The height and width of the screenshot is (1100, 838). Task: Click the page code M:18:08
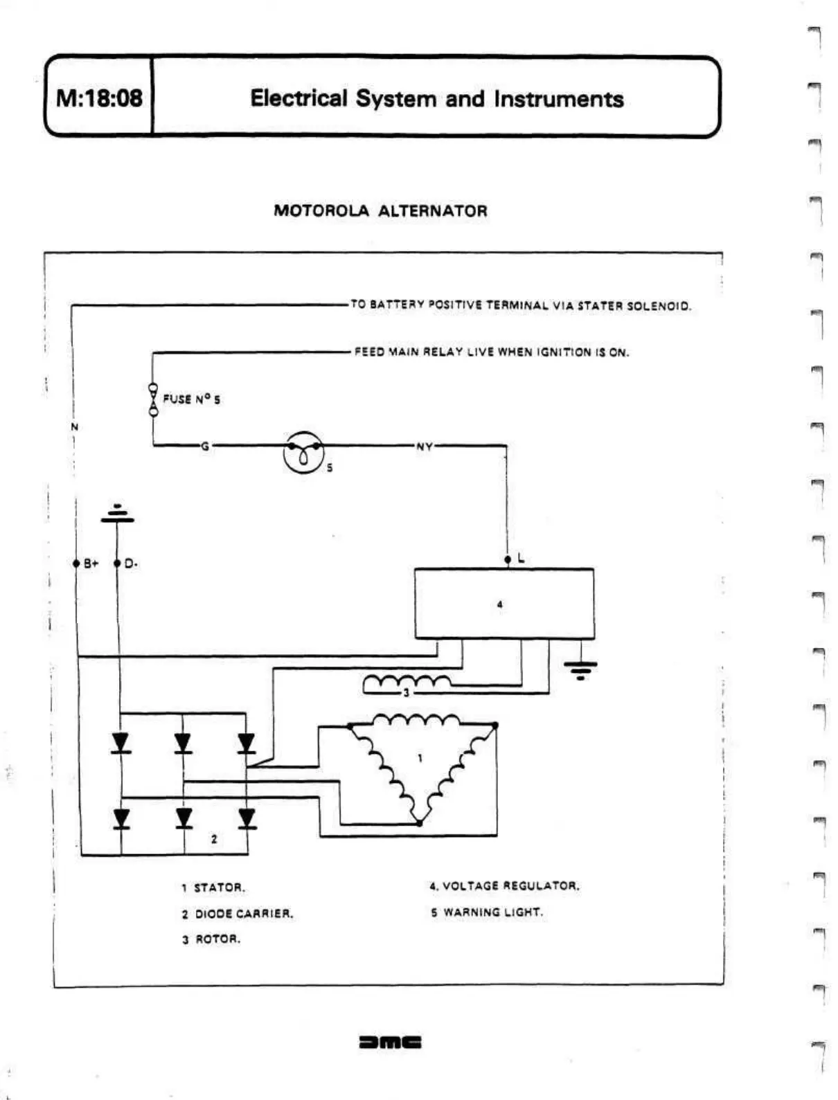click(x=99, y=98)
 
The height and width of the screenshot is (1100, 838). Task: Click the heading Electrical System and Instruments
click(x=436, y=98)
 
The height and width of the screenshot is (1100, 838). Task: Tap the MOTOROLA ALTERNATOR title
click(x=380, y=210)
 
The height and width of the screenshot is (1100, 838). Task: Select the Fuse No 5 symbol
click(x=153, y=399)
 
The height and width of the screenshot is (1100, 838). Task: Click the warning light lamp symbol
click(x=303, y=453)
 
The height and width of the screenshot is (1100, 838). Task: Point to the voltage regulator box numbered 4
click(x=503, y=604)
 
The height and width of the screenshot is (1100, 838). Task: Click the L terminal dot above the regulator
click(x=508, y=559)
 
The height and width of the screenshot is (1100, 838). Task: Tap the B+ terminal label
click(x=91, y=563)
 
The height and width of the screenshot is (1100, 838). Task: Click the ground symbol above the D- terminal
click(x=117, y=514)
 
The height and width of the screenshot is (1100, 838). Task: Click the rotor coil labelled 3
click(x=407, y=684)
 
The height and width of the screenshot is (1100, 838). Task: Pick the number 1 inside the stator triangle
click(x=420, y=758)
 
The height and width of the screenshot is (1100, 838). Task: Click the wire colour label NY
click(x=424, y=447)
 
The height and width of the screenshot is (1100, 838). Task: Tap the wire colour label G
click(x=204, y=447)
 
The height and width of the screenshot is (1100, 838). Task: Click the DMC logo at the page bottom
click(x=390, y=1042)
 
